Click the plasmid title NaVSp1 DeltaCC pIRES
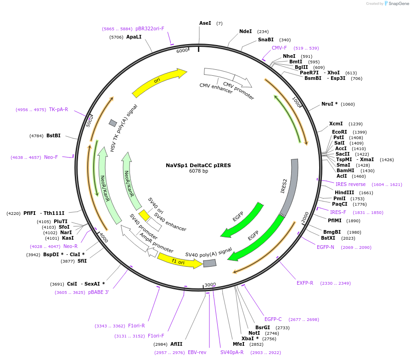tap(198, 165)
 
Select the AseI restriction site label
tap(205, 23)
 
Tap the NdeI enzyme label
tap(246, 32)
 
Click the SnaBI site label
tap(265, 40)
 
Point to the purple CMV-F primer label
tap(279, 48)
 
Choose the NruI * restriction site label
tap(329, 104)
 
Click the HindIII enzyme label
tap(344, 193)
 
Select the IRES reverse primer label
tap(350, 185)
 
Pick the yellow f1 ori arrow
tap(179, 261)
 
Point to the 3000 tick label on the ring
tap(210, 285)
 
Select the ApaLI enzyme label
tap(134, 37)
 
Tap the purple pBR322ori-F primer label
tap(150, 28)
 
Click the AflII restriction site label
tap(176, 344)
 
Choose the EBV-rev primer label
tap(197, 352)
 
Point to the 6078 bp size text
tap(198, 171)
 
